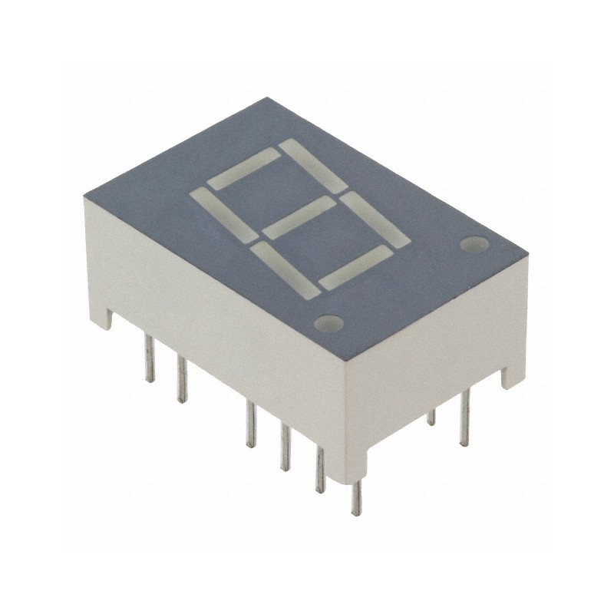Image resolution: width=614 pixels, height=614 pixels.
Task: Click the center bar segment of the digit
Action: pyautogui.click(x=302, y=217)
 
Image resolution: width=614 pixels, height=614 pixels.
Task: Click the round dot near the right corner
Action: pyautogui.click(x=474, y=245)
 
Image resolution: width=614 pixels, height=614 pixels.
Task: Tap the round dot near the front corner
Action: pyautogui.click(x=328, y=322)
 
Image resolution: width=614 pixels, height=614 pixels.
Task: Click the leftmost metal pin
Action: pyautogui.click(x=150, y=361)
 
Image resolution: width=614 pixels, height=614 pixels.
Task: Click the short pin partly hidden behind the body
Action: pyautogui.click(x=431, y=417)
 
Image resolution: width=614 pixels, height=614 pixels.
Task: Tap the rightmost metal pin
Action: pyautogui.click(x=464, y=418)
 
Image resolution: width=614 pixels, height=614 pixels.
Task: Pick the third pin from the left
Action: pyautogui.click(x=250, y=424)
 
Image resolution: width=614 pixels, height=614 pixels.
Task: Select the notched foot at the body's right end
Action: pyautogui.click(x=509, y=375)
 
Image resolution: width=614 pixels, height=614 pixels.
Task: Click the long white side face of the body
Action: pyautogui.click(x=223, y=330)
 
